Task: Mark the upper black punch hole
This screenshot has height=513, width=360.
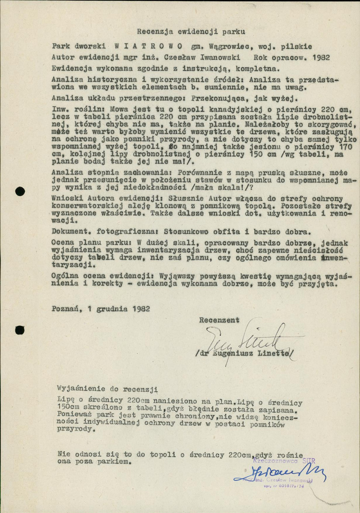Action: pyautogui.click(x=20, y=191)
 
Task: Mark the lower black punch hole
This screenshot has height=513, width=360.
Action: pyautogui.click(x=20, y=330)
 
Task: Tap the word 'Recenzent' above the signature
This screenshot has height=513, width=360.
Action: pyautogui.click(x=219, y=319)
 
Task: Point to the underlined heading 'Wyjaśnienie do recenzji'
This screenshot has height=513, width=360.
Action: pyautogui.click(x=107, y=389)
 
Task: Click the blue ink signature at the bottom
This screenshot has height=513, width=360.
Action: pyautogui.click(x=280, y=472)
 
